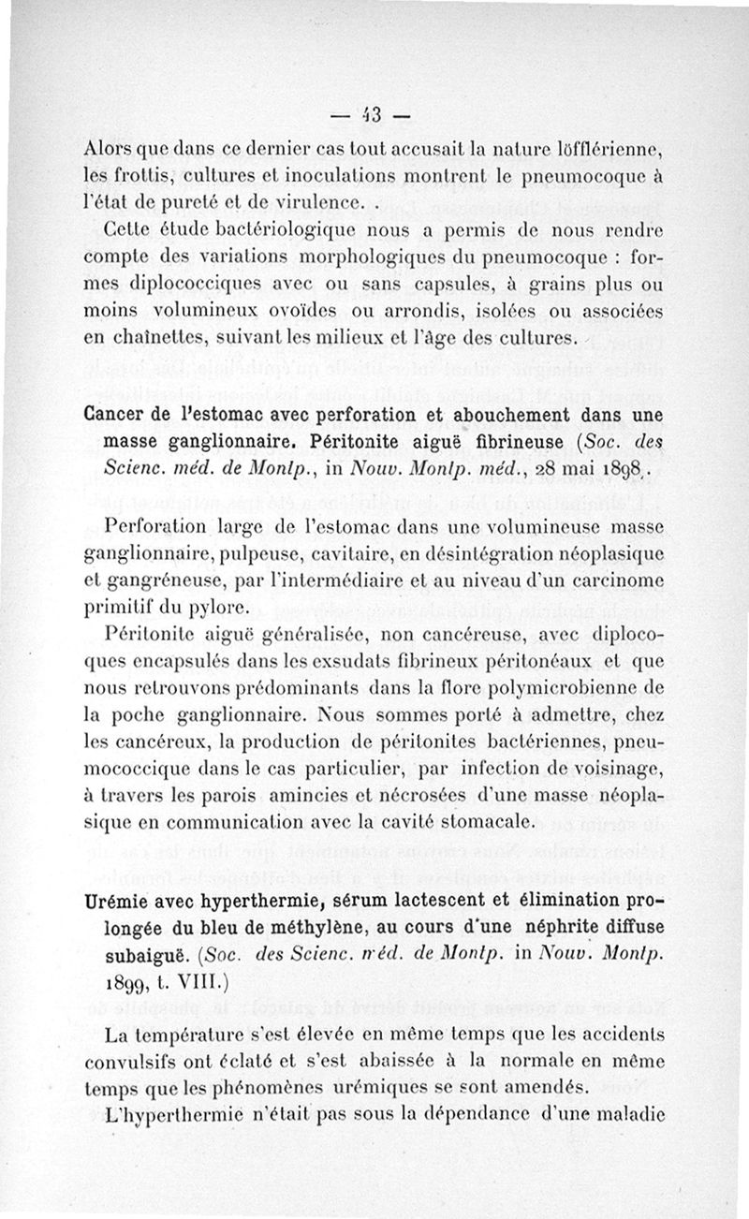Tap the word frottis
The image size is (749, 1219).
tap(157, 175)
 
